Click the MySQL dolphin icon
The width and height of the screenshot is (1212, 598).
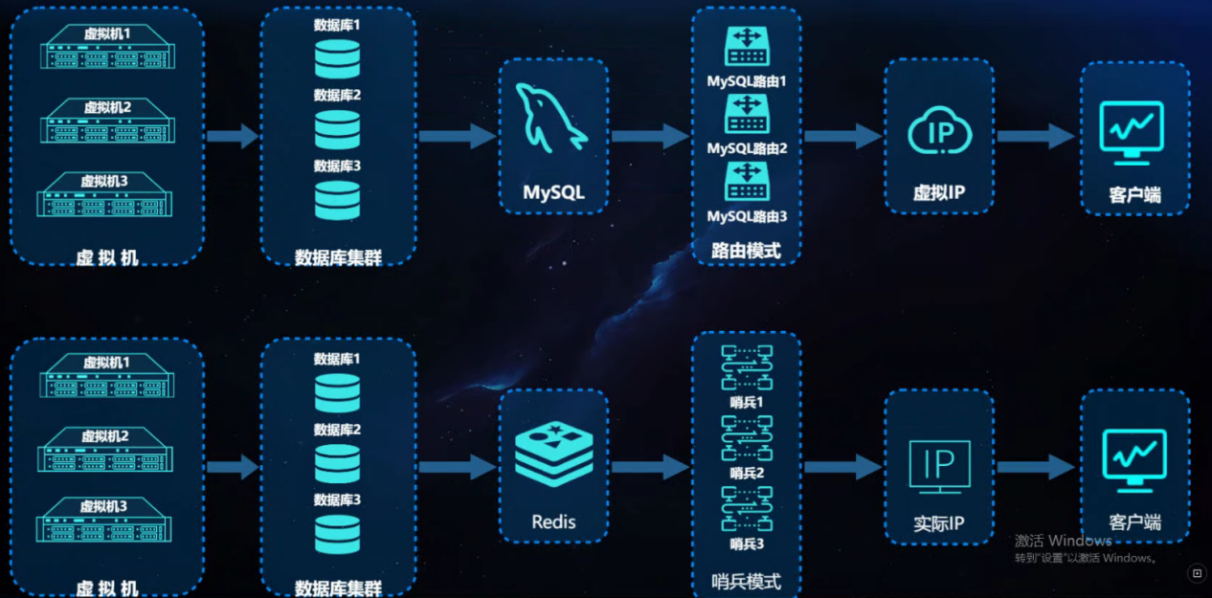pos(551,117)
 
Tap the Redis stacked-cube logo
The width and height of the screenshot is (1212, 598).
pos(553,454)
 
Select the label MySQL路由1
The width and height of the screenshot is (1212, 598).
pos(747,81)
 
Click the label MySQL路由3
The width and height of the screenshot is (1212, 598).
pos(747,217)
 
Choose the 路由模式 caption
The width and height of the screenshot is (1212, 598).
pos(747,251)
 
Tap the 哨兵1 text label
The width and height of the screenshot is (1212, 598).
pos(747,402)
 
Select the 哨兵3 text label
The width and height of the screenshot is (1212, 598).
pos(747,543)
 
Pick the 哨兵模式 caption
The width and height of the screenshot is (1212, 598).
pos(747,581)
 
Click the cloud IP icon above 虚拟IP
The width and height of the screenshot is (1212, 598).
pos(939,131)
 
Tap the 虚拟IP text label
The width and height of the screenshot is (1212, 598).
pos(939,193)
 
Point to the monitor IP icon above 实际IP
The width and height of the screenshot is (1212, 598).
pos(939,466)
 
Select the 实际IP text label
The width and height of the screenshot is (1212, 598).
pos(939,524)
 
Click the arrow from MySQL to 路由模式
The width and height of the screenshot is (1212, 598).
pos(650,136)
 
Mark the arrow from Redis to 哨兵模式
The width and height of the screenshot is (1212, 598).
pos(650,467)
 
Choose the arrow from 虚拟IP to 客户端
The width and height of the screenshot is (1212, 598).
pos(1036,136)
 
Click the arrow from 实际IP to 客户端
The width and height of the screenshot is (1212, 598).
pos(1036,467)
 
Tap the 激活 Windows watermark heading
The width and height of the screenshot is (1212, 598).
pos(1063,541)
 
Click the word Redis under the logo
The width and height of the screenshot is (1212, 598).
pos(553,522)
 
